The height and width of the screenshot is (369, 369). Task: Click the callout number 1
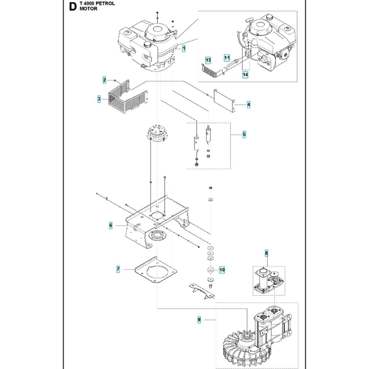point(183,48)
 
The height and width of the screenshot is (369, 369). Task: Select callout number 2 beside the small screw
point(104,80)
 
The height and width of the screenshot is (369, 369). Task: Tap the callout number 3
point(99,99)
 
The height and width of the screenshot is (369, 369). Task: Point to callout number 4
point(249,105)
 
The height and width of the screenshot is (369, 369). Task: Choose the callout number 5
point(244,135)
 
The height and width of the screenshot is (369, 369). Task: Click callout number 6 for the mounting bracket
point(110,225)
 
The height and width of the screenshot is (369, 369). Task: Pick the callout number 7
point(118,270)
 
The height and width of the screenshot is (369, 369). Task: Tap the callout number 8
point(266,253)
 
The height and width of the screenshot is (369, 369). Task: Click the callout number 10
point(222,270)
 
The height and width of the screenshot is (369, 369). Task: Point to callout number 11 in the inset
point(227,58)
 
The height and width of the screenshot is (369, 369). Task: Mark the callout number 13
point(208,60)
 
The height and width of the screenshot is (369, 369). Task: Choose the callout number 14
point(245,75)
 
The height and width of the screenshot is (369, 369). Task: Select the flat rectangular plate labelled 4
point(224,99)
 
